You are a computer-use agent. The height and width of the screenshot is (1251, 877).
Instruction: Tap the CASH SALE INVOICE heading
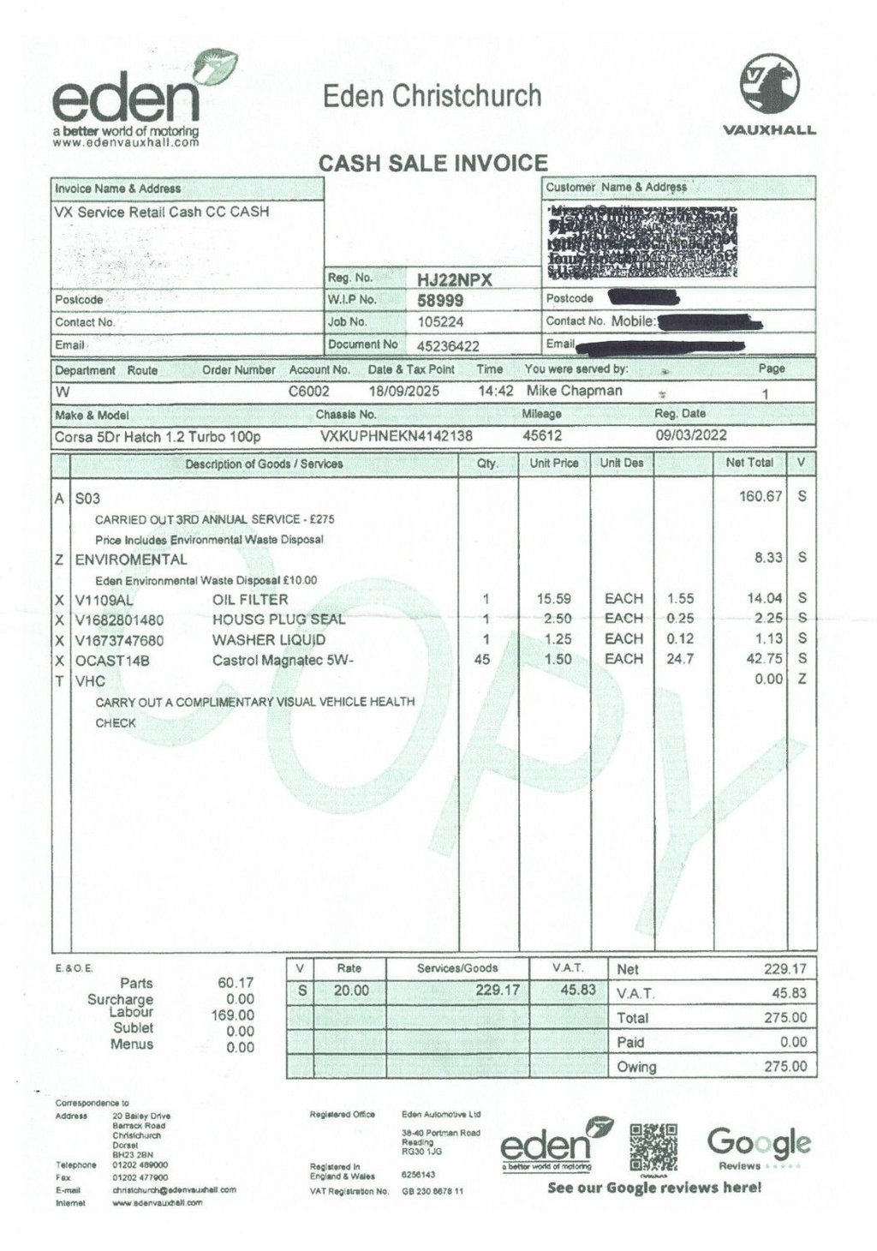(433, 163)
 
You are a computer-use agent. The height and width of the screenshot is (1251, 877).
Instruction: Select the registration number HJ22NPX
(454, 279)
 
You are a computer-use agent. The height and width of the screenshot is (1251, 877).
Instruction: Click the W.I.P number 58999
(440, 301)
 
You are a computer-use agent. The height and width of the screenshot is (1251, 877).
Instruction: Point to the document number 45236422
(447, 345)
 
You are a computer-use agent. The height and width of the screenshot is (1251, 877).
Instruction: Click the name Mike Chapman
(574, 392)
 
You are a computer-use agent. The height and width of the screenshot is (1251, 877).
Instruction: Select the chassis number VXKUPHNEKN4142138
(396, 435)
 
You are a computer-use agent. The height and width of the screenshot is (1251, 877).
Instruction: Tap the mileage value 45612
(542, 435)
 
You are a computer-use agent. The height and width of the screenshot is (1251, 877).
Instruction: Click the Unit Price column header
(553, 463)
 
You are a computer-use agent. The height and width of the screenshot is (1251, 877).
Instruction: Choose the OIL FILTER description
(250, 599)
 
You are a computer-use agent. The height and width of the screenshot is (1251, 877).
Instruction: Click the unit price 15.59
(553, 599)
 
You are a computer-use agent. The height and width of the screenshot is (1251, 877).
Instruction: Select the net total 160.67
(761, 496)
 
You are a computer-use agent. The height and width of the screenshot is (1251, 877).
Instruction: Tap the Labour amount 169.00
(232, 1015)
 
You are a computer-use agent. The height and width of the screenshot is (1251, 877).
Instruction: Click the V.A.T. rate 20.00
(351, 991)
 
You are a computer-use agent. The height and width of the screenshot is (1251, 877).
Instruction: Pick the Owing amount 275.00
(785, 1067)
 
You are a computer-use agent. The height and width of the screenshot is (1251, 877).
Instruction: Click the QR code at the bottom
(653, 1147)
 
